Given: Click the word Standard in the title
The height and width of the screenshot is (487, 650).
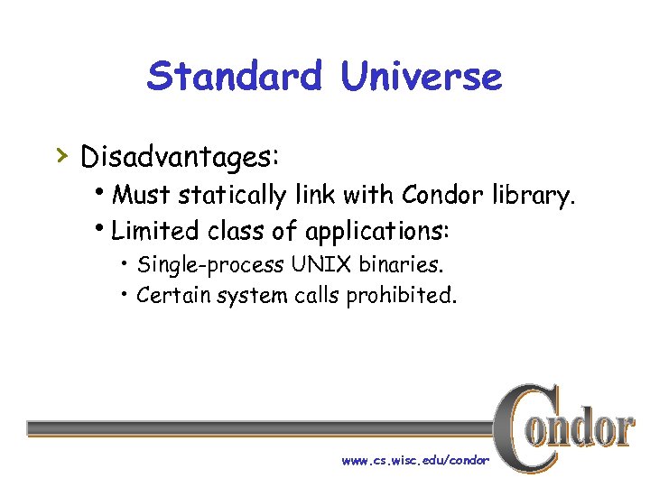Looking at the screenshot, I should (234, 77).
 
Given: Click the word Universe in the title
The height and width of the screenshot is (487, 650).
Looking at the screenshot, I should (421, 77).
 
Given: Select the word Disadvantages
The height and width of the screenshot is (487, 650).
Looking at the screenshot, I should (180, 156).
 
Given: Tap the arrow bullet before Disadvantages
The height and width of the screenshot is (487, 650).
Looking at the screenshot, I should (60, 155).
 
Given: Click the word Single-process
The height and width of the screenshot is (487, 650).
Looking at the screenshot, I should (212, 265).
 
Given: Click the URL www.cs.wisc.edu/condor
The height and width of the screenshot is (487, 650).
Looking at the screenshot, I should (415, 460).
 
